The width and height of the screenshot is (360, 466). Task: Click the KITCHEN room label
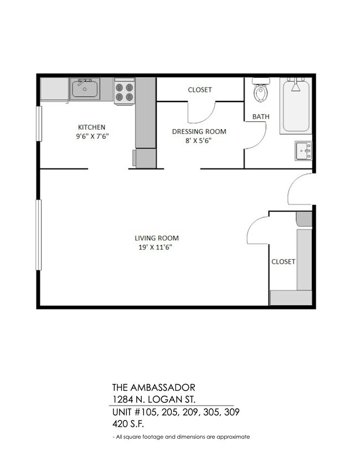pos(91,127)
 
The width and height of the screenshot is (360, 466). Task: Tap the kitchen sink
pos(85,89)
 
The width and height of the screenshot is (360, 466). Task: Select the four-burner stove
pos(124,91)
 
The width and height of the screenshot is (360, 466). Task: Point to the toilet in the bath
pos(260,91)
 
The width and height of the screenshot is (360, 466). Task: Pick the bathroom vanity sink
pos(303,150)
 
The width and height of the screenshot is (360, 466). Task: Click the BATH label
pos(261,117)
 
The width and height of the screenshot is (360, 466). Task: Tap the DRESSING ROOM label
pos(199,131)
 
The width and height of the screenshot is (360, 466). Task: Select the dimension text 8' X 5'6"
pos(199,141)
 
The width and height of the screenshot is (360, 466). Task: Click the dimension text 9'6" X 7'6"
pos(91,136)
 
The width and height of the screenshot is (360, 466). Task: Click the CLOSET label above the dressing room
pos(199,90)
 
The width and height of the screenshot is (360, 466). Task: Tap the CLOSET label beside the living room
pos(283,262)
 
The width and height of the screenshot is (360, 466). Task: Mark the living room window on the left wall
pos(38,235)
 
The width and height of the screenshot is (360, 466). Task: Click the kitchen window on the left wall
pos(38,124)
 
